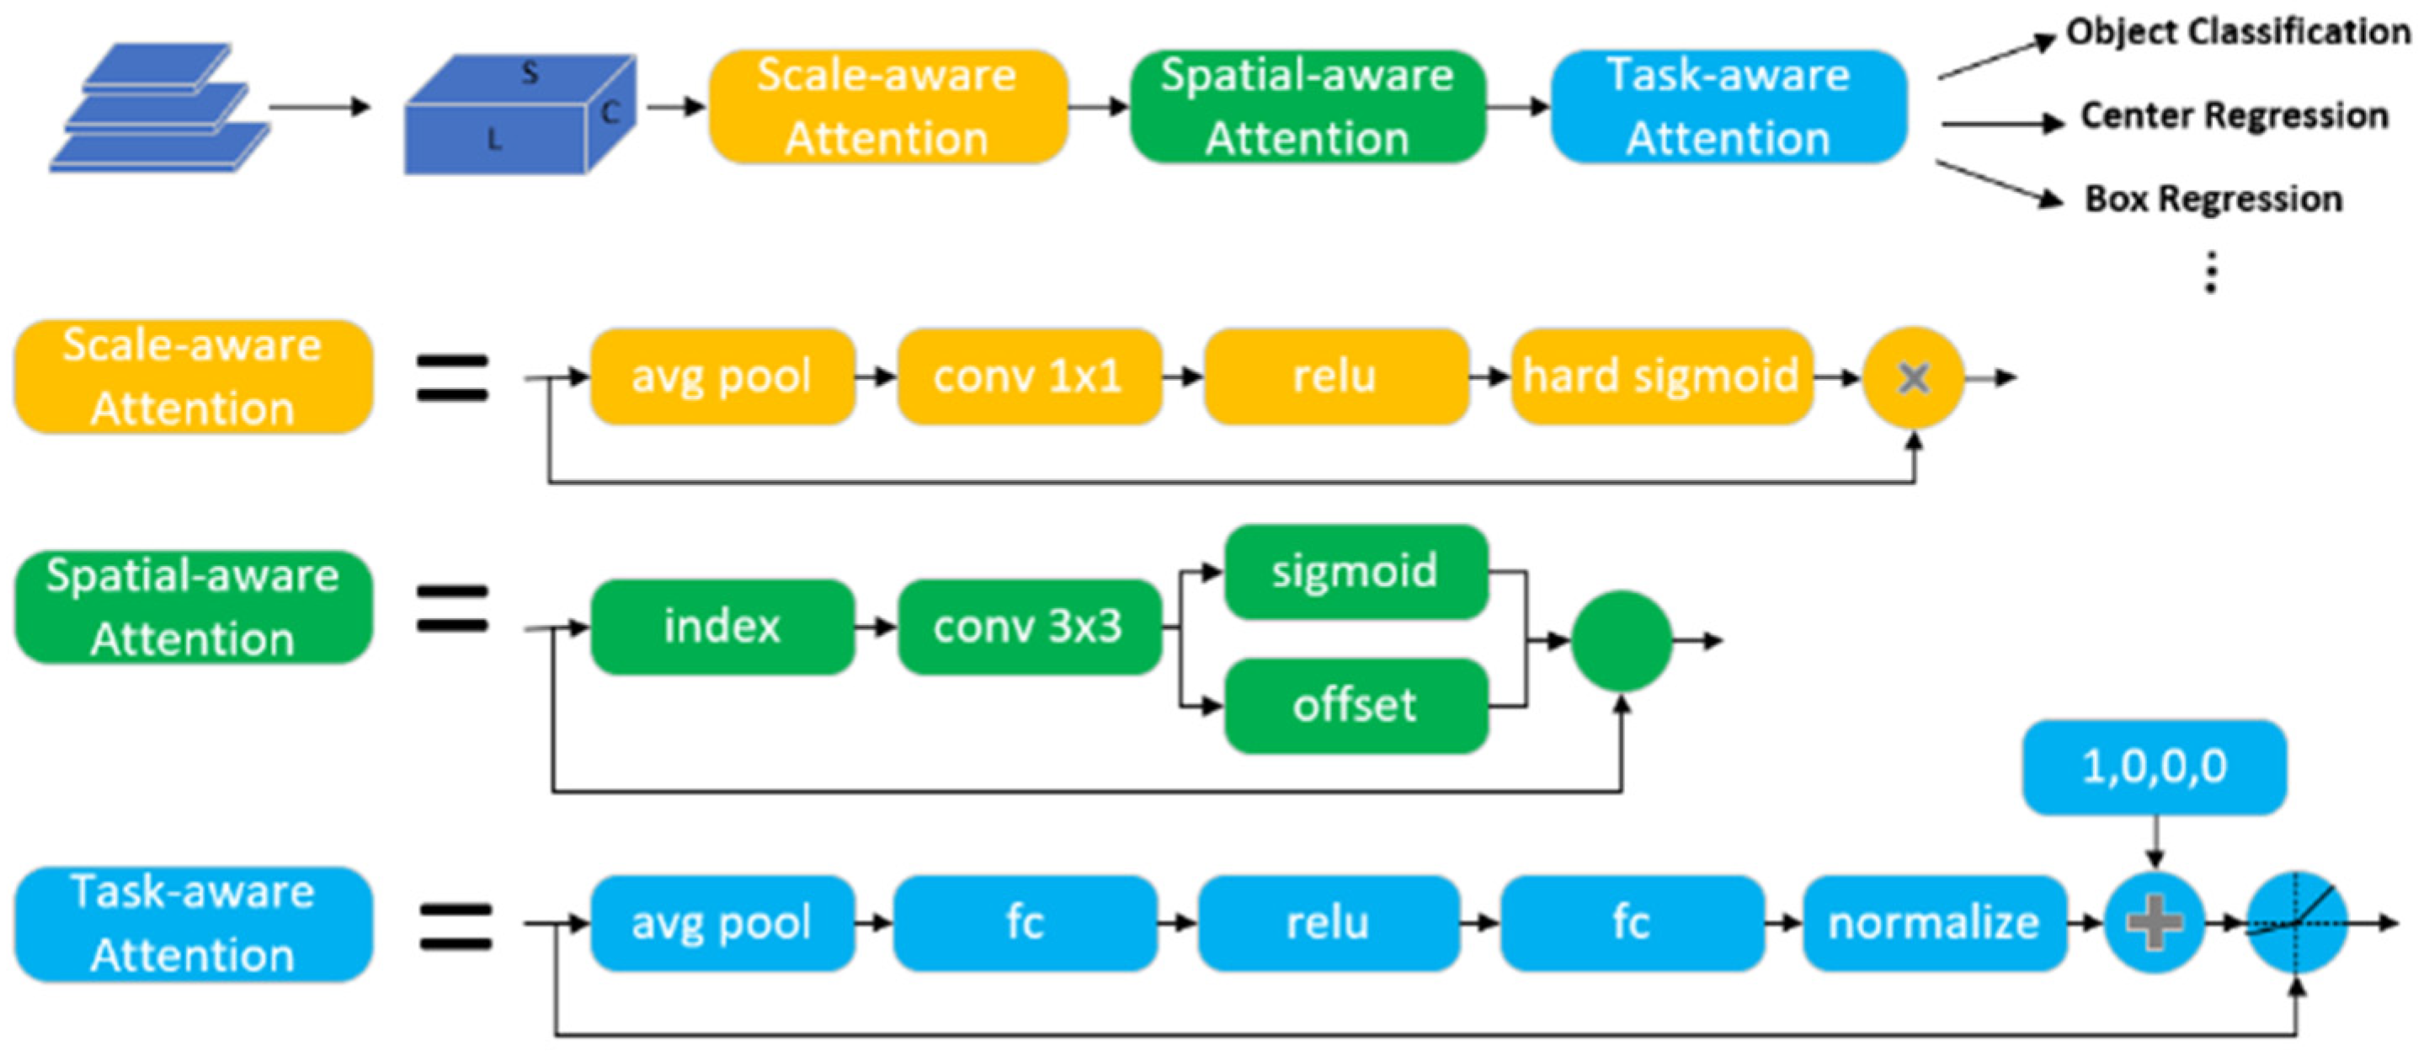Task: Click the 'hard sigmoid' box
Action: [x=1661, y=376]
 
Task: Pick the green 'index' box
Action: [x=722, y=626]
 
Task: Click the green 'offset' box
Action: [x=1355, y=705]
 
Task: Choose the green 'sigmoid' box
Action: [x=1355, y=571]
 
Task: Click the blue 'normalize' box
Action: [x=1934, y=922]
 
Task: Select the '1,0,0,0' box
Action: [x=2154, y=767]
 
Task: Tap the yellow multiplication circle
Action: [x=1913, y=377]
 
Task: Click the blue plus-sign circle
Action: [x=2154, y=922]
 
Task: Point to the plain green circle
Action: [x=1622, y=641]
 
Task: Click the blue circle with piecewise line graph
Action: [x=2296, y=922]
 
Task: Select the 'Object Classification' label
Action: [x=2238, y=32]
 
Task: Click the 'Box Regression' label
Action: [x=2214, y=199]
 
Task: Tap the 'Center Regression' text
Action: [x=2234, y=115]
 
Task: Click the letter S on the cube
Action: [x=530, y=72]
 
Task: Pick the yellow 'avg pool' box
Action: [x=722, y=376]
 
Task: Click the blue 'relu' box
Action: [x=1328, y=922]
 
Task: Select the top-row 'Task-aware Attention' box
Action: [x=1729, y=106]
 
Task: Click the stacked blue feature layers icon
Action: [x=158, y=109]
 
